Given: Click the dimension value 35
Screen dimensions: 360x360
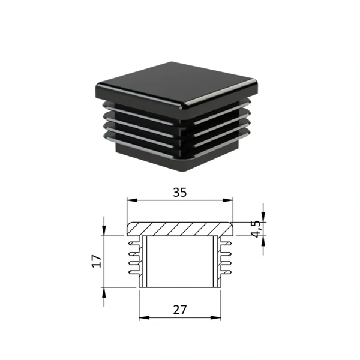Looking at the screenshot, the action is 180,193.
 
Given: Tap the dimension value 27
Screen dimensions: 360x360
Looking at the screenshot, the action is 180,310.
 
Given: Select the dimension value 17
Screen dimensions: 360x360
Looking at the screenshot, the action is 97,261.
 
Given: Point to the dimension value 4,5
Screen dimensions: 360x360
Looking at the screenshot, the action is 256,229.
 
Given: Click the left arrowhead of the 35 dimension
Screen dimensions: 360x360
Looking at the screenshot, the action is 132,200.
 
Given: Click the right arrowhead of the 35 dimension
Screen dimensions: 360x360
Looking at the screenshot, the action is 228,200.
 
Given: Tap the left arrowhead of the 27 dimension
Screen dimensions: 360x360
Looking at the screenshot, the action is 144,318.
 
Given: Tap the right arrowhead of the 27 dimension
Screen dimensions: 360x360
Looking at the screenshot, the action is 215,318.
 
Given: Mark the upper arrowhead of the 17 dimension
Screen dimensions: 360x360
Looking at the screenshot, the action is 104,231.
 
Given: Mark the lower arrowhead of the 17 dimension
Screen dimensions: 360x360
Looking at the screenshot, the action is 104,292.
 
